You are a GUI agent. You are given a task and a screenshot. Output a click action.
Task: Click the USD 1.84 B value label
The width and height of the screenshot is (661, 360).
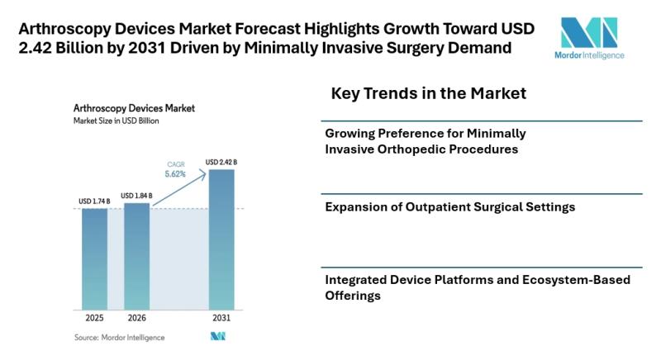tap(137, 195)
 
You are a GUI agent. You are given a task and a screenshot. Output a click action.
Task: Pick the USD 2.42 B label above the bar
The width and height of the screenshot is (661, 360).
tap(221, 162)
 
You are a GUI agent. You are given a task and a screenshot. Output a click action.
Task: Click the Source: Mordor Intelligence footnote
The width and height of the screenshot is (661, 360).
tap(119, 337)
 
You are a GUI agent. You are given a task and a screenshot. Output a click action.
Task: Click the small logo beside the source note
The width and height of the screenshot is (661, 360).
tap(218, 336)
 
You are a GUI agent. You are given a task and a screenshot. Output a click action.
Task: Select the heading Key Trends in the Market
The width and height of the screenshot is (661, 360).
tap(428, 93)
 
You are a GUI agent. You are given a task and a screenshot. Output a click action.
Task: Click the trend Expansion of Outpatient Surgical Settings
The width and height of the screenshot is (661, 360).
tap(449, 206)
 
